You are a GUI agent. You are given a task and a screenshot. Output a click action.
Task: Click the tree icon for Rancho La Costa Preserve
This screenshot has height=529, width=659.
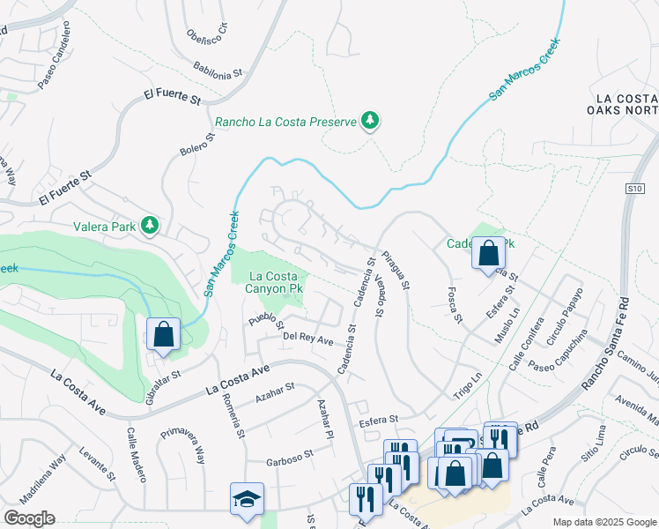pyautogui.click(x=370, y=121)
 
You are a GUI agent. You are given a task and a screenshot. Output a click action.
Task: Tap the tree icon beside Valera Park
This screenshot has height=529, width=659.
pyautogui.click(x=151, y=226)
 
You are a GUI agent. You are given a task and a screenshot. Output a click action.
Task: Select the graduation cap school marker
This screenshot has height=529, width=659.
pyautogui.click(x=247, y=498)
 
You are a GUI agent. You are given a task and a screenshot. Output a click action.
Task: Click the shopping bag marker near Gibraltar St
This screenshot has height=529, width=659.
pyautogui.click(x=163, y=334)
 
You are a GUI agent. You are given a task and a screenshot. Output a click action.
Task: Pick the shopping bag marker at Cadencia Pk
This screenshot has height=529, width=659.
pyautogui.click(x=488, y=253)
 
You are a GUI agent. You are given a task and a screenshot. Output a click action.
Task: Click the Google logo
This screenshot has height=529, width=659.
pyautogui.click(x=29, y=518)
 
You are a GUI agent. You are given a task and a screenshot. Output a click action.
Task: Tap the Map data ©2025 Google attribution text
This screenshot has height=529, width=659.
pyautogui.click(x=604, y=522)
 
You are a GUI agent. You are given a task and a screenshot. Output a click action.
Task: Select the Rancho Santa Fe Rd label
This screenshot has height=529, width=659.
pyautogui.click(x=613, y=329)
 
